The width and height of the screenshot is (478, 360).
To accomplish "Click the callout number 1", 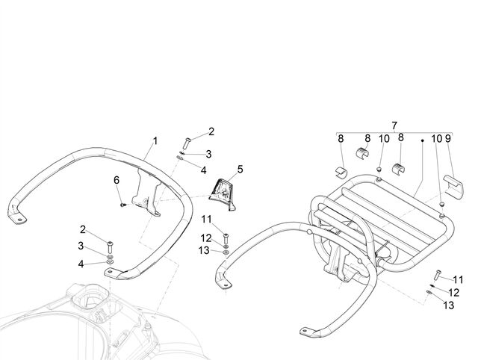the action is pyautogui.click(x=155, y=141).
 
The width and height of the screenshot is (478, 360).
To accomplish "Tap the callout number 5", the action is pyautogui.click(x=240, y=170).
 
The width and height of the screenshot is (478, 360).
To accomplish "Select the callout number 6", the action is pyautogui.click(x=117, y=180).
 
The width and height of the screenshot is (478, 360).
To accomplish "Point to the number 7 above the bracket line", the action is pyautogui.click(x=394, y=125).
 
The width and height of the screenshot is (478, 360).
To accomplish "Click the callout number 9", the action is pyautogui.click(x=447, y=139).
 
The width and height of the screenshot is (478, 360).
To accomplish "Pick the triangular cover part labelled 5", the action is pyautogui.click(x=223, y=194).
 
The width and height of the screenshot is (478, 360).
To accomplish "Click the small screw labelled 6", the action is pyautogui.click(x=123, y=205).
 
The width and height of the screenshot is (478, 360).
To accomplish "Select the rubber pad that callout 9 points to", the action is pyautogui.click(x=453, y=184).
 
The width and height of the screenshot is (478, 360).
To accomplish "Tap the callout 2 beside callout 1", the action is pyautogui.click(x=211, y=131).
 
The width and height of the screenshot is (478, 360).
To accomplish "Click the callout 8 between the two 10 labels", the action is pyautogui.click(x=401, y=137).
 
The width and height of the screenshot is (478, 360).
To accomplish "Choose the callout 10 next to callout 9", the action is pyautogui.click(x=436, y=139).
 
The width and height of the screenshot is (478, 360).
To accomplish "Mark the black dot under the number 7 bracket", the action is pyautogui.click(x=423, y=140).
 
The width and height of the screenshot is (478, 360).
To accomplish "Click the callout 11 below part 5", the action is pyautogui.click(x=206, y=219).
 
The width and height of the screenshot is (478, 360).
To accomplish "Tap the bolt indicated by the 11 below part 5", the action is pyautogui.click(x=226, y=238).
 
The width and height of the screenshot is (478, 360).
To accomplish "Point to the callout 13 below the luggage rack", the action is pyautogui.click(x=449, y=305).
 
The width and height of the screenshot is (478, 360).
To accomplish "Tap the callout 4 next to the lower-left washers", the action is pyautogui.click(x=81, y=264).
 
